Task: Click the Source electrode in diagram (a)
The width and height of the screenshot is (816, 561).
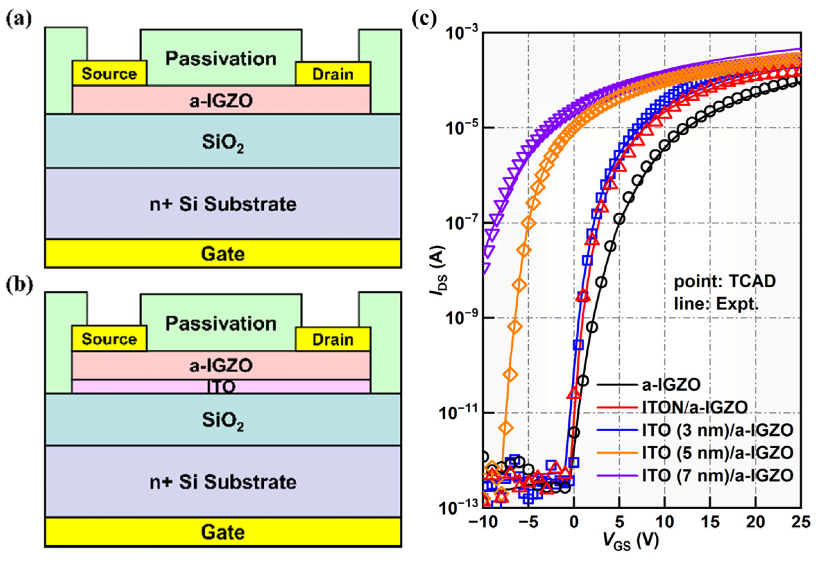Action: pyautogui.click(x=109, y=74)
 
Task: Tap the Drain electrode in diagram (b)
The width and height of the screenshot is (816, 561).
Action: pyautogui.click(x=333, y=339)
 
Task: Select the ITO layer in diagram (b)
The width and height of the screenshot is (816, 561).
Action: pyautogui.click(x=221, y=386)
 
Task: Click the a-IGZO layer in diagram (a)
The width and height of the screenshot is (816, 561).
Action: pyautogui.click(x=221, y=101)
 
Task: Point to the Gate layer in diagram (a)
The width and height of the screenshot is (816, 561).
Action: pyautogui.click(x=222, y=253)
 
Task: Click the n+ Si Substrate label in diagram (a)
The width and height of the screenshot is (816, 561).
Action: pyautogui.click(x=223, y=204)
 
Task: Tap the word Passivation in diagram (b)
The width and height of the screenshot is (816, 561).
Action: pyautogui.click(x=221, y=323)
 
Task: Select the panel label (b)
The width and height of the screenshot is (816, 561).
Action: pyautogui.click(x=19, y=285)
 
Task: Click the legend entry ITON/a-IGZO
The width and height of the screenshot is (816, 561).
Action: pyautogui.click(x=695, y=407)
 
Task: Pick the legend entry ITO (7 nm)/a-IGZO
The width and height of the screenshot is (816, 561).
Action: pyautogui.click(x=717, y=475)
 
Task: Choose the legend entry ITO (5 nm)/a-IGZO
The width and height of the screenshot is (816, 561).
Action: pyautogui.click(x=717, y=452)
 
